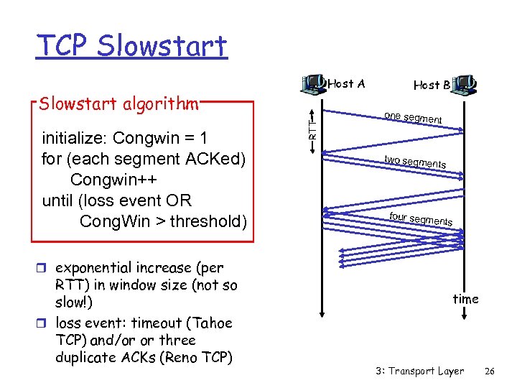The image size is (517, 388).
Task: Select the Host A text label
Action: coord(346,84)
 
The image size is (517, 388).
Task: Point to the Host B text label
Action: coord(432,85)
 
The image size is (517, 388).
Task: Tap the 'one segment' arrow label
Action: coord(412,118)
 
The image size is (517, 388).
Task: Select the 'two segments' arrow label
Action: coord(414,162)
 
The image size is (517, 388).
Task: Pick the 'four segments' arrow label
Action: coord(420,218)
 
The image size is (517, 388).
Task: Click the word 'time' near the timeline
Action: coord(465,298)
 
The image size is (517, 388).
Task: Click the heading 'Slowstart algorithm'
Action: coord(118,103)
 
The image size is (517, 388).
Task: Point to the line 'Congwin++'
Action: coord(121,179)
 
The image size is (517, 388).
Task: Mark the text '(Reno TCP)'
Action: coord(196,356)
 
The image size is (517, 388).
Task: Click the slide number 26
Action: coord(490,371)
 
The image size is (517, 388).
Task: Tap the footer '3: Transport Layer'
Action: coord(419,371)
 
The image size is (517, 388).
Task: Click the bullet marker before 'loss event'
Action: coord(46,324)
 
